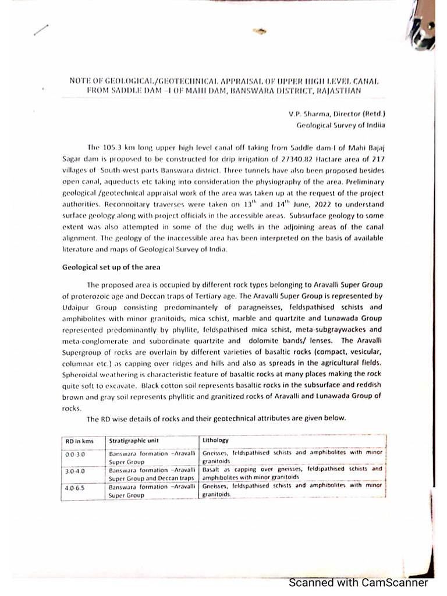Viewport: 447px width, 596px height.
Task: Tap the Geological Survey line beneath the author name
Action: [x=341, y=125]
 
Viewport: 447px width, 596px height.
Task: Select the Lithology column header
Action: [x=215, y=440]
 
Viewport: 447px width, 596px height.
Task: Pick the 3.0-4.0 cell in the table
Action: [x=74, y=470]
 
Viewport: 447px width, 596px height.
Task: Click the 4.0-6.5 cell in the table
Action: [x=74, y=488]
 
